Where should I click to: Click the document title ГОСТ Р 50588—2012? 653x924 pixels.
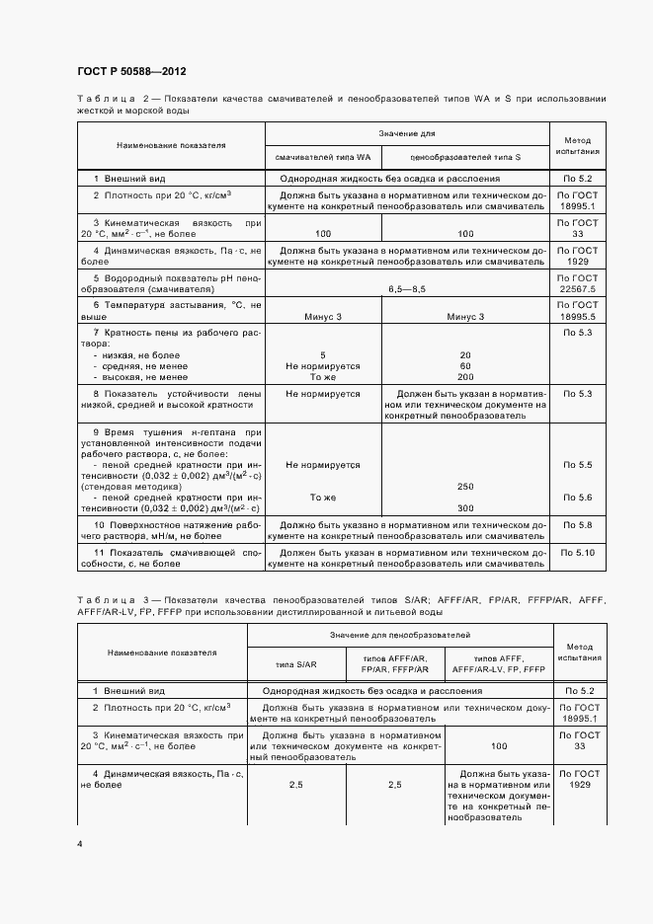tap(131, 72)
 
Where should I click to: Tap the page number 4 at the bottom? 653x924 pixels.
tap(80, 843)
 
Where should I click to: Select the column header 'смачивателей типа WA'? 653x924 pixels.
tap(323, 157)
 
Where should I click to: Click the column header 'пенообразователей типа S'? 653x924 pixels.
tap(464, 157)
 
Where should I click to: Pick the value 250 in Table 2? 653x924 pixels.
tap(464, 486)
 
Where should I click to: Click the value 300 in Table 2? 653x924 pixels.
tap(464, 507)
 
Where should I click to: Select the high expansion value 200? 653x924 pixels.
tap(464, 377)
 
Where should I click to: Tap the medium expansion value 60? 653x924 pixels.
tap(464, 365)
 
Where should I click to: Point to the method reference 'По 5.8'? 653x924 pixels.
tap(577, 524)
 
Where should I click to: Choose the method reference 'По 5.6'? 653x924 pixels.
tap(577, 497)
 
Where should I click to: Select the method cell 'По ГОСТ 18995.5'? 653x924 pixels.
tap(577, 311)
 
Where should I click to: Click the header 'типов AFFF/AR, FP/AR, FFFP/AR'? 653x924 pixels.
tap(395, 662)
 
